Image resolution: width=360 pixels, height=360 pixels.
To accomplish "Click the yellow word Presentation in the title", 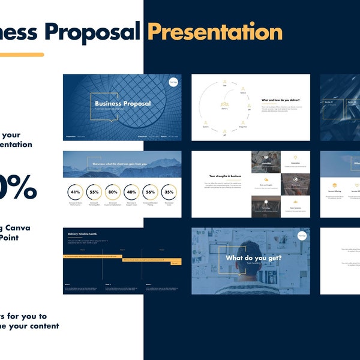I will pos(206,31).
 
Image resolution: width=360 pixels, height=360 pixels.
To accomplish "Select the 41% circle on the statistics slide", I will pos(76,192).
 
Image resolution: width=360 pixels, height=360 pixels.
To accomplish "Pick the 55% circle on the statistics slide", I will pos(94,192).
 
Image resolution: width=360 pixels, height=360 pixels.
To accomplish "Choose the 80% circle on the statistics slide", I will pos(112,192).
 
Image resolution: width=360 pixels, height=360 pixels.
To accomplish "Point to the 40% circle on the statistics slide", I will pos(131,192).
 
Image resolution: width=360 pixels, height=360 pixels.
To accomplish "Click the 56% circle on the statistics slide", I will pos(150,192).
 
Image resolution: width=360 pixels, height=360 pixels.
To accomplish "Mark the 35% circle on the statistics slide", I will pos(169,192).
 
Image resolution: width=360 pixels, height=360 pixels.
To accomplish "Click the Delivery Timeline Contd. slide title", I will pos(83,233).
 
